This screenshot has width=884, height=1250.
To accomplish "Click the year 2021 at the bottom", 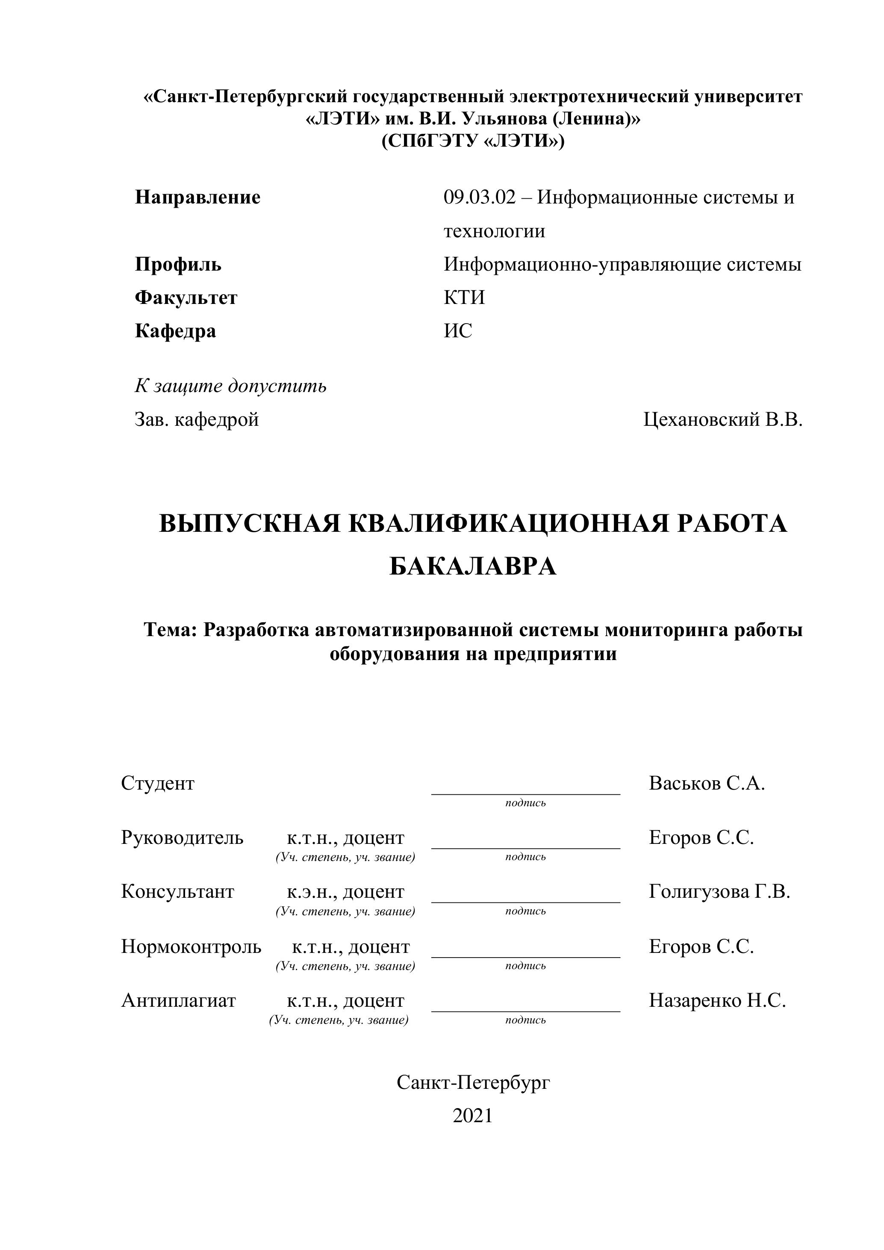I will click(x=472, y=1115).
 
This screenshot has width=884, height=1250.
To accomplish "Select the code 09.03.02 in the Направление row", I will click(x=479, y=197).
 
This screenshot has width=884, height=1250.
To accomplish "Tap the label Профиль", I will click(x=178, y=265).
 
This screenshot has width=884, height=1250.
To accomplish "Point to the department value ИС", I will click(x=458, y=330).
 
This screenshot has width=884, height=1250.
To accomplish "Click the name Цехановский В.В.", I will click(x=723, y=419).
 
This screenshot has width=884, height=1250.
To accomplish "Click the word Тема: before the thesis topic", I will click(x=170, y=630).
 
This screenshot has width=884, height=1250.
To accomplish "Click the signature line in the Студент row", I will click(x=525, y=794).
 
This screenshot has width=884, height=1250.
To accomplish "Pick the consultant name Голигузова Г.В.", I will click(x=719, y=891).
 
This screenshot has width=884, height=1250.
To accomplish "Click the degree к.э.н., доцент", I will click(x=346, y=892).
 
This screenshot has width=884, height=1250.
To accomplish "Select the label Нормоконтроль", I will click(x=191, y=946).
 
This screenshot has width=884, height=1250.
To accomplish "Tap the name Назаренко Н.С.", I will click(x=717, y=1000).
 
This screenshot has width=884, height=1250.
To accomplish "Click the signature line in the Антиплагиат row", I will click(x=525, y=1011).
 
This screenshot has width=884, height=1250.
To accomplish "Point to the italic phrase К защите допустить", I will click(x=230, y=386).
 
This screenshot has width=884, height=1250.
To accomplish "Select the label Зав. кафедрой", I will click(x=197, y=419).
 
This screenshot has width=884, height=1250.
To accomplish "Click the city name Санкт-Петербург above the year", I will click(x=473, y=1082).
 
